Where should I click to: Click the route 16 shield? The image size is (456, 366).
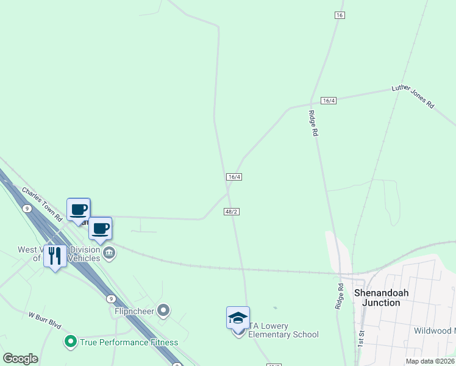[340, 15]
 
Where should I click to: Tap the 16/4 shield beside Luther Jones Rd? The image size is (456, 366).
[328, 100]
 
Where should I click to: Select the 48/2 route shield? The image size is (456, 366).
[230, 211]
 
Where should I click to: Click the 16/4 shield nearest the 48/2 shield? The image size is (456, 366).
[234, 177]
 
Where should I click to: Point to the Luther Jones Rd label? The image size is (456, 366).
[413, 96]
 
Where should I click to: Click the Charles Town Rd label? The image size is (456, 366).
[42, 204]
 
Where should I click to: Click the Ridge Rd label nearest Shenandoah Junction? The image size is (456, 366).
[340, 296]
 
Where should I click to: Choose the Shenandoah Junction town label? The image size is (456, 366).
[381, 298]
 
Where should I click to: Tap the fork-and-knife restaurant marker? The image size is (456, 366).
[55, 257]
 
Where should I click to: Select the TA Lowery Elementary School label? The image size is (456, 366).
[283, 330]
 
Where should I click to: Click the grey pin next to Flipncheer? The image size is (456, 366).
[163, 311]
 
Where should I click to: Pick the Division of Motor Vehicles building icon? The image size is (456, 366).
[109, 253]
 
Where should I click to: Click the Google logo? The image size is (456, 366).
[20, 359]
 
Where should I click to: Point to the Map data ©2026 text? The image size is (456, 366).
[430, 361]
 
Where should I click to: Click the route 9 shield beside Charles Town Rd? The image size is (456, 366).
[27, 209]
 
